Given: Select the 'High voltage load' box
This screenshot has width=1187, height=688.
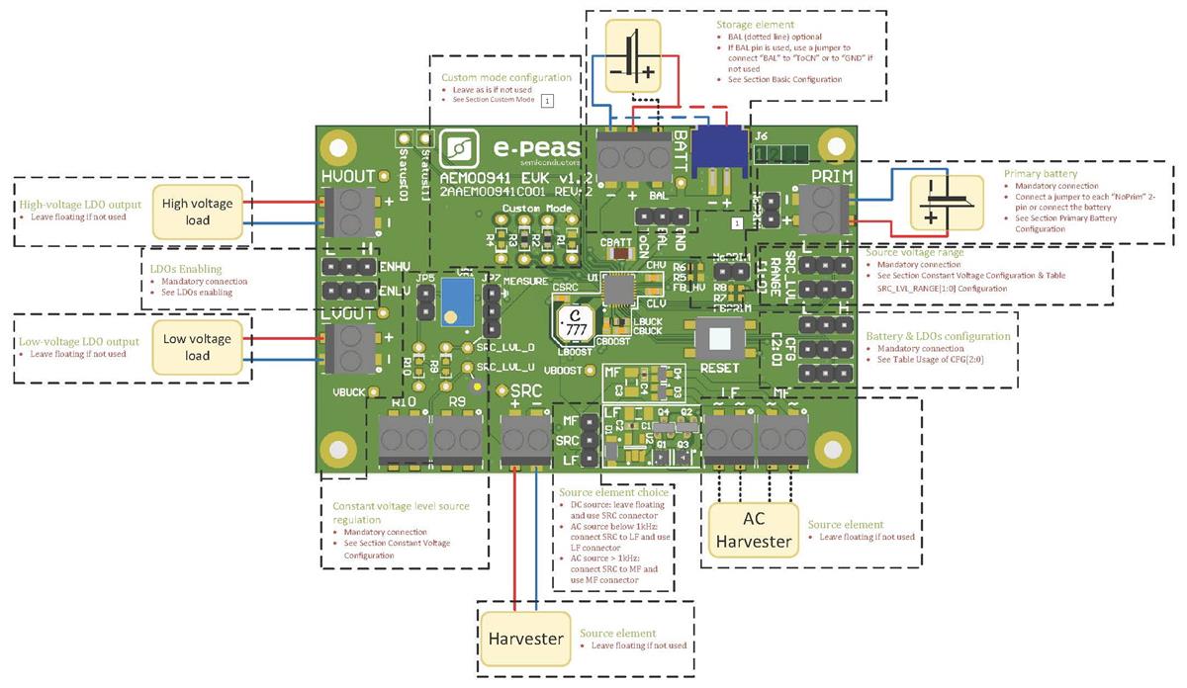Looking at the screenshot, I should point(198,211).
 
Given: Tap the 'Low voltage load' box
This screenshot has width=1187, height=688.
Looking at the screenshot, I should point(198,346).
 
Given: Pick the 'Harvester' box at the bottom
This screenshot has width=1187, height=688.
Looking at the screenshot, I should point(526,639).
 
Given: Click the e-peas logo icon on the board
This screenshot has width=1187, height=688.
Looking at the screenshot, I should point(461,149).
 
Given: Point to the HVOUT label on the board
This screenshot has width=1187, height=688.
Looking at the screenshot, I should point(348,176).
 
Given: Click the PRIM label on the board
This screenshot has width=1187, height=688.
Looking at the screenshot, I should point(831,176).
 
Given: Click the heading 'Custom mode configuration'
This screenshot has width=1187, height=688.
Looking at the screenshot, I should point(505,77).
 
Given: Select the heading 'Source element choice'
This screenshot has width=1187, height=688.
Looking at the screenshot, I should point(613,491).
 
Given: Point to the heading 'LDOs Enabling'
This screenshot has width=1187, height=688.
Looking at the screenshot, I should point(185,269).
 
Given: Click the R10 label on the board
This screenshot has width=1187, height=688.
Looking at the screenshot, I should point(404,402).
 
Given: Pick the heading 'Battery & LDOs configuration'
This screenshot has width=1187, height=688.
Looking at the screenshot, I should point(938,336).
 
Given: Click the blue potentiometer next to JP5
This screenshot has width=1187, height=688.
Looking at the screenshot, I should point(457,299).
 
